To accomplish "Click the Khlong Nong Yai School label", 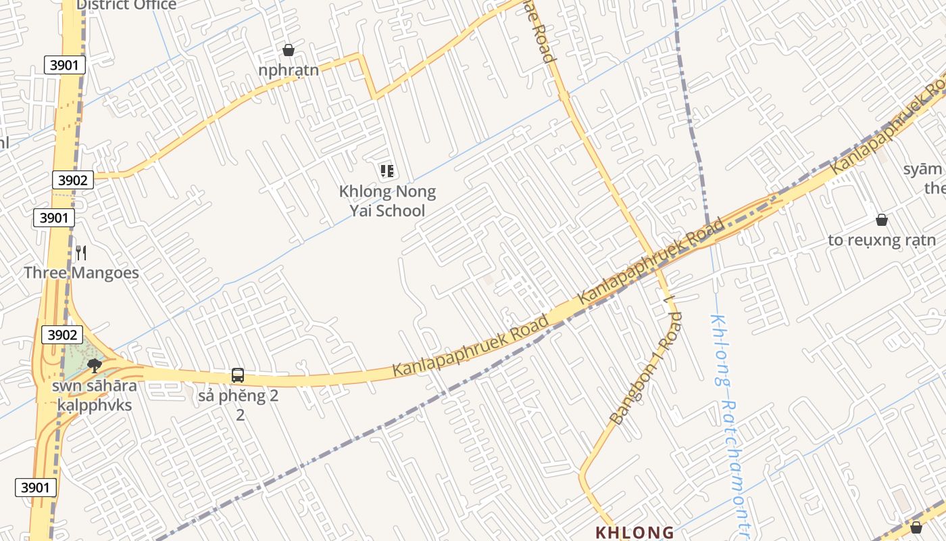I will point(387,201).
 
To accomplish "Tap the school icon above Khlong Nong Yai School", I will point(387,171).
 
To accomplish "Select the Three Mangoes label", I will point(81,273).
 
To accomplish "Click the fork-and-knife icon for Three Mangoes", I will point(81,253).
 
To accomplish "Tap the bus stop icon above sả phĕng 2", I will point(238,375).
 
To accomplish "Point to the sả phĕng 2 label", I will point(238,396).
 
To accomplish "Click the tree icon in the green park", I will point(95,366).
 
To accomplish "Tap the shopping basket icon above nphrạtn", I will point(289,50).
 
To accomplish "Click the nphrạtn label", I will point(289,70).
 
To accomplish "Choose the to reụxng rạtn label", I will point(882,240).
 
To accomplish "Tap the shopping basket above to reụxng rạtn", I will point(882,220).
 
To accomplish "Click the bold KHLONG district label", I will point(634,532).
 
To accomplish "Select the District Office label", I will point(126,5).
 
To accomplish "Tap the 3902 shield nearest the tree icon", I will point(61,335).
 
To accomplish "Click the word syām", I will point(922,169).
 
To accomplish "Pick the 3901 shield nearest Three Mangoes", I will point(54,218).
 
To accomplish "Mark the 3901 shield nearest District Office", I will point(66,65).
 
